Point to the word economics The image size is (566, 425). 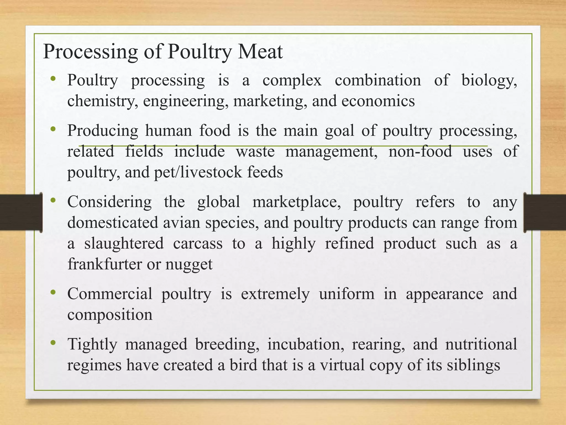click(378, 101)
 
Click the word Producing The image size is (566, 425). click(103, 131)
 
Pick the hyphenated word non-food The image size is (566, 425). click(420, 152)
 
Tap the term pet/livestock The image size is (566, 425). click(198, 173)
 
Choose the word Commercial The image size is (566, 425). click(110, 294)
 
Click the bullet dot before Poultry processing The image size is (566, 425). click(53, 79)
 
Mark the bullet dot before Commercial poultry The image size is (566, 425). click(53, 292)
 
